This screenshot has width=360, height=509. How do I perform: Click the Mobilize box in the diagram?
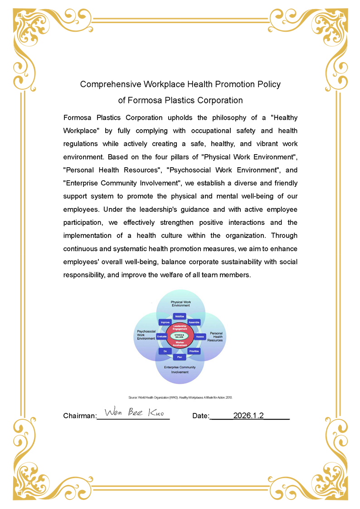click(x=180, y=316)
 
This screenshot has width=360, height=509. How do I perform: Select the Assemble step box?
click(x=194, y=322)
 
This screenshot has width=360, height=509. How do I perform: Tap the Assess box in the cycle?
click(x=200, y=336)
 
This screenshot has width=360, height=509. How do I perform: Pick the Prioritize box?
click(x=194, y=351)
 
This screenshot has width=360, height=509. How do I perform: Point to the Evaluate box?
click(x=162, y=336)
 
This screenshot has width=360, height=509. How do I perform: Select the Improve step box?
click(x=165, y=322)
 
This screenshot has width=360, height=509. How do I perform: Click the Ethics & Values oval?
click(x=180, y=336)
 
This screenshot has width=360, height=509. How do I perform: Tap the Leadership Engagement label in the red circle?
click(x=180, y=327)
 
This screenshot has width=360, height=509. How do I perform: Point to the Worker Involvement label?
click(x=180, y=344)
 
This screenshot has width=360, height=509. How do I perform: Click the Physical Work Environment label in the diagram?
click(x=180, y=303)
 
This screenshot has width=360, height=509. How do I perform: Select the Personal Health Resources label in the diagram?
click(x=215, y=336)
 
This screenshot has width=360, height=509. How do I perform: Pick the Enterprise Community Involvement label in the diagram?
click(x=180, y=369)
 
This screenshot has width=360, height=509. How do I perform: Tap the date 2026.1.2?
click(x=248, y=415)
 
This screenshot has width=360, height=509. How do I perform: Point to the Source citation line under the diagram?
click(x=180, y=397)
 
